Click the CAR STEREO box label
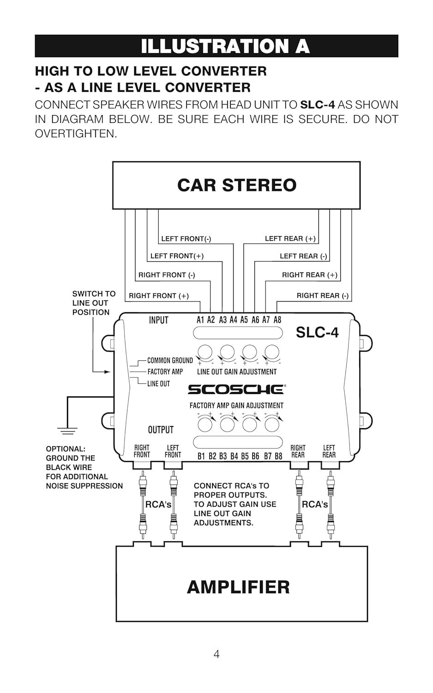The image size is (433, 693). pyautogui.click(x=236, y=185)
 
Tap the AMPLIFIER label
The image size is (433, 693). pyautogui.click(x=238, y=587)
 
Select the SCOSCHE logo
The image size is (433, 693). pyautogui.click(x=236, y=389)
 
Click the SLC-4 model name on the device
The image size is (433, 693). pyautogui.click(x=317, y=332)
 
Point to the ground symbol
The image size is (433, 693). pyautogui.click(x=67, y=432)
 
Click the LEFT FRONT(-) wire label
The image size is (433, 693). pyautogui.click(x=186, y=239)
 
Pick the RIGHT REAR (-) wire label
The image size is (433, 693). pyautogui.click(x=322, y=296)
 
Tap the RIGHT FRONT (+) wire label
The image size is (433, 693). pyautogui.click(x=159, y=296)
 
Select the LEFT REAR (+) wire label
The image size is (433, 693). pyautogui.click(x=290, y=239)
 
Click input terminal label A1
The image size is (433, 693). pyautogui.click(x=200, y=320)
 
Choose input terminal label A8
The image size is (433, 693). pyautogui.click(x=277, y=320)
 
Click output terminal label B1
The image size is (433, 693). pyautogui.click(x=201, y=456)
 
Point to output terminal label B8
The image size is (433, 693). pyautogui.click(x=278, y=456)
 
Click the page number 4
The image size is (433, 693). pyautogui.click(x=216, y=654)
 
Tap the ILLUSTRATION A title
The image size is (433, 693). pyautogui.click(x=225, y=46)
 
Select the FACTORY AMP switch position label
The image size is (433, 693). pyautogui.click(x=165, y=372)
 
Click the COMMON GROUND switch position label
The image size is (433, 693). pyautogui.click(x=170, y=361)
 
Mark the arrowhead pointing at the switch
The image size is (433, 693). pyautogui.click(x=108, y=371)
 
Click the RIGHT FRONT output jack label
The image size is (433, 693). pyautogui.click(x=142, y=451)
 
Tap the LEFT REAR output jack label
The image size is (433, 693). pyautogui.click(x=329, y=451)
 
